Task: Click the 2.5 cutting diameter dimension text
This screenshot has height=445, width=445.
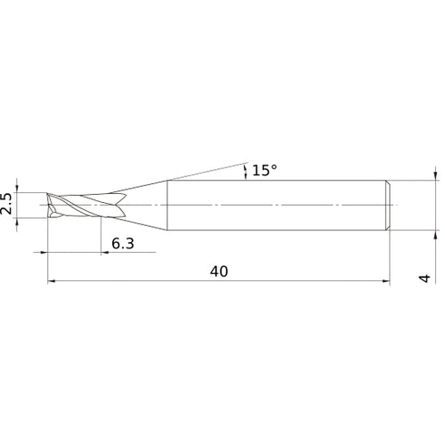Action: click(x=6, y=203)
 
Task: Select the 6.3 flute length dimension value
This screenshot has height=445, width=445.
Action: click(x=123, y=244)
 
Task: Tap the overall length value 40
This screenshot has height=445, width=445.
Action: click(x=219, y=271)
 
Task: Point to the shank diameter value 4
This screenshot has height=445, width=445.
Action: click(x=425, y=279)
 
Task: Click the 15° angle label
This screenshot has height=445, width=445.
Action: click(x=264, y=170)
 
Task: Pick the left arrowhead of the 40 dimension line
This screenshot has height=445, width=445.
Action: click(x=52, y=281)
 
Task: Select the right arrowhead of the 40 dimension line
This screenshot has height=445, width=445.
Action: click(x=385, y=281)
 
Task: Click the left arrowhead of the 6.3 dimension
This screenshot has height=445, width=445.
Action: click(x=44, y=253)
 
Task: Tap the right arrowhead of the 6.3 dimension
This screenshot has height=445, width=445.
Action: click(x=105, y=253)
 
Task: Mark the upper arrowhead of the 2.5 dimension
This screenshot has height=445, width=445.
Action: click(x=17, y=189)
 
